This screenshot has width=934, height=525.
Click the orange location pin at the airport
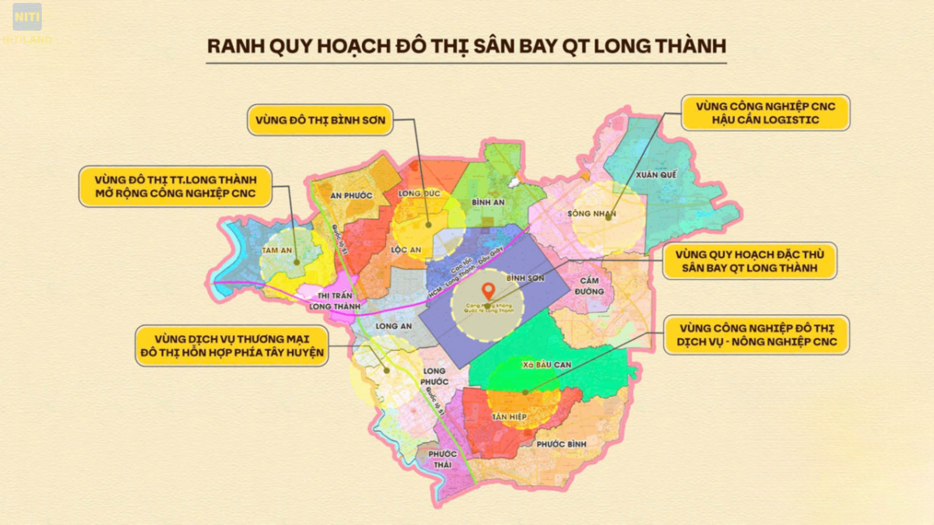(x=488, y=291)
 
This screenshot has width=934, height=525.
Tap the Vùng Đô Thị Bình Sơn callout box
(x=320, y=120)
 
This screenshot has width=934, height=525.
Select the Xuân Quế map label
(x=656, y=175)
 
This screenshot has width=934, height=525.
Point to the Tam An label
(x=277, y=250)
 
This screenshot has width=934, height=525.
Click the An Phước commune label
(x=351, y=195)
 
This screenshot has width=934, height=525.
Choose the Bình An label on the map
(x=488, y=202)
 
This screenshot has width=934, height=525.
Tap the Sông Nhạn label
(x=592, y=213)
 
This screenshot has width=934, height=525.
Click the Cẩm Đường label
(x=589, y=286)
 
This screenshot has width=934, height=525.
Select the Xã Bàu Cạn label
(x=547, y=365)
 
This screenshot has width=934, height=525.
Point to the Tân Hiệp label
(x=509, y=417)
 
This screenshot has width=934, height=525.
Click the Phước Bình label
(x=561, y=444)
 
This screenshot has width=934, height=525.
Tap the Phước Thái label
(x=442, y=459)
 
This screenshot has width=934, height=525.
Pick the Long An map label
(x=394, y=326)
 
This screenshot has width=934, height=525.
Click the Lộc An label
(x=406, y=250)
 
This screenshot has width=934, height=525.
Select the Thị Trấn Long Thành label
(x=335, y=301)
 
